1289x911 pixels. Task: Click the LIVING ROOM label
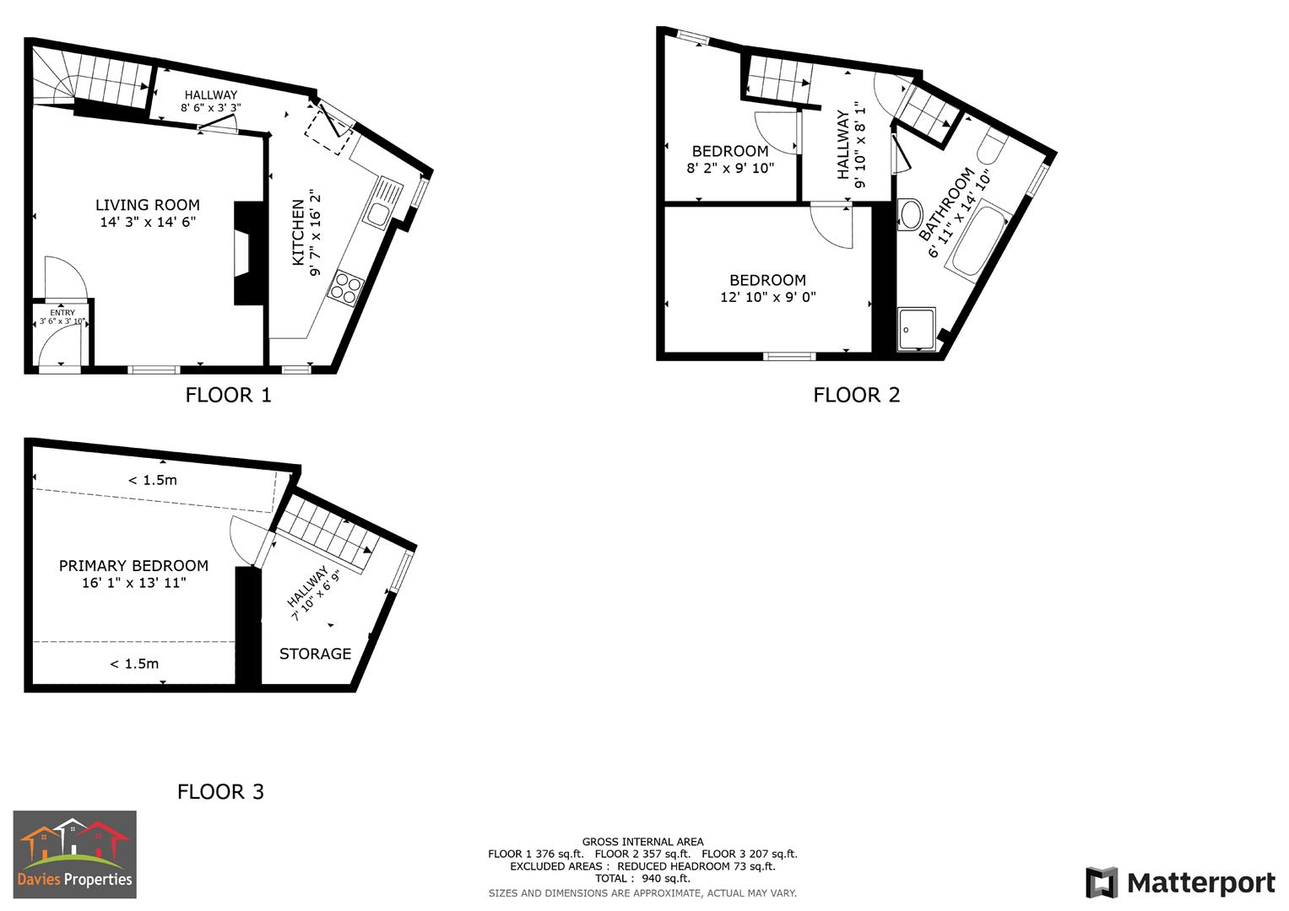pyautogui.click(x=148, y=205)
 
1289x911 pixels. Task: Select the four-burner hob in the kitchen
pyautogui.click(x=347, y=286)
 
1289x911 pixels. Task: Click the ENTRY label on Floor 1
pyautogui.click(x=62, y=313)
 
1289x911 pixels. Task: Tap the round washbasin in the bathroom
pyautogui.click(x=910, y=213)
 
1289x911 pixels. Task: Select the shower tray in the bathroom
pyautogui.click(x=916, y=329)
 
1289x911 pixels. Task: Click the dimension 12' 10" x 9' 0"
pyautogui.click(x=768, y=297)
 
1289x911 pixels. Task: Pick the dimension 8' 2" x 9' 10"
pyautogui.click(x=730, y=168)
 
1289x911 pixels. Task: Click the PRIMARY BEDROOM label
pyautogui.click(x=133, y=566)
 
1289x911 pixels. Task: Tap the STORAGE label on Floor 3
pyautogui.click(x=315, y=654)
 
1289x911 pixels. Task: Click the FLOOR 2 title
pyautogui.click(x=857, y=395)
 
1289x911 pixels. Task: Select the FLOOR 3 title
pyautogui.click(x=220, y=791)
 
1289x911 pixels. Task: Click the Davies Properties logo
pyautogui.click(x=74, y=854)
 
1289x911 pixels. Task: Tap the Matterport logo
pyautogui.click(x=1180, y=883)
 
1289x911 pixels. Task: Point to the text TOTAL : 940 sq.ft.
pyautogui.click(x=642, y=878)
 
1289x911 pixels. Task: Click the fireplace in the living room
pyautogui.click(x=244, y=253)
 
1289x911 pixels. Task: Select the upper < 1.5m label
pyautogui.click(x=153, y=480)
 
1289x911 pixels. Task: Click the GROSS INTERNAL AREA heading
pyautogui.click(x=642, y=841)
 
